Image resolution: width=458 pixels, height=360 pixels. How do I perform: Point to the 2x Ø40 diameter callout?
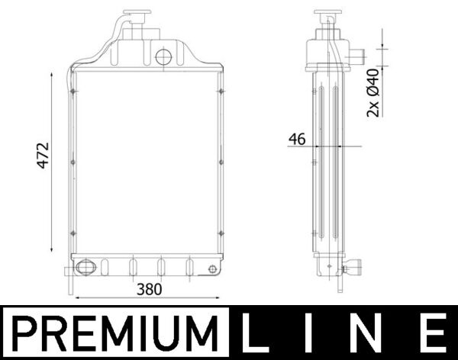pos(373,92)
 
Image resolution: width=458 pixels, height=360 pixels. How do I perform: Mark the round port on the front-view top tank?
pos(163,57)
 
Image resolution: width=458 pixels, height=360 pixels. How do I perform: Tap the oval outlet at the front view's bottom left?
pos(83,268)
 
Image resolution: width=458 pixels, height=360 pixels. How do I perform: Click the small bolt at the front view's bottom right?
pos(211,268)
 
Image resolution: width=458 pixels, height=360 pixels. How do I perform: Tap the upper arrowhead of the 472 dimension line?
pos(52,75)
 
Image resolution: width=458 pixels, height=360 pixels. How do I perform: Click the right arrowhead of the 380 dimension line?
pos(220,297)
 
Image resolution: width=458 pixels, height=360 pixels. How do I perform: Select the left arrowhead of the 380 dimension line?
pos(74,297)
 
